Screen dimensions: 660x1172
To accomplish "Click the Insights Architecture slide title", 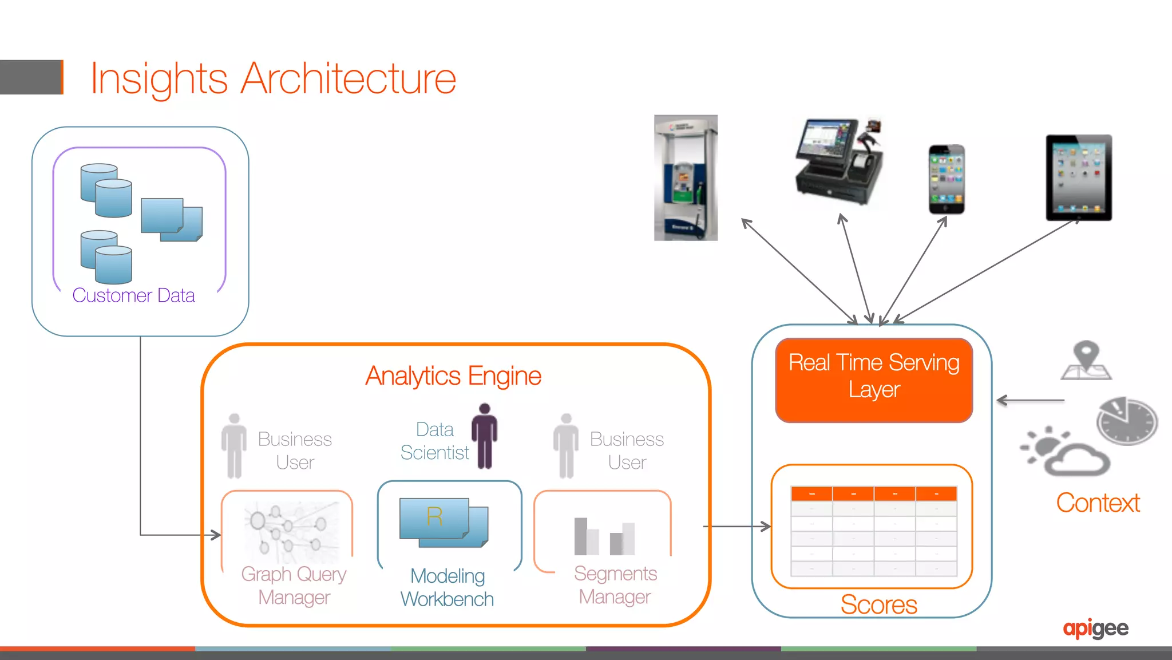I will coord(273,78).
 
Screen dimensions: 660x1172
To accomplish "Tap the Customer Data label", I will coord(133,295).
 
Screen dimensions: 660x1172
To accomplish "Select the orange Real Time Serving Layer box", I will coord(873,380).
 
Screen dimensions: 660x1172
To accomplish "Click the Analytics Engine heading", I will coord(453,376).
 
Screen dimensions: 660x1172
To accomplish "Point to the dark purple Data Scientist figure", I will coord(484,436).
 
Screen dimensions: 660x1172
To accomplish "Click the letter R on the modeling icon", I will coord(434,517).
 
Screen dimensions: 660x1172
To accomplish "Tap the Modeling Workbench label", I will coord(447,587).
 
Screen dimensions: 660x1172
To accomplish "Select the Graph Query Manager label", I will coord(294,585).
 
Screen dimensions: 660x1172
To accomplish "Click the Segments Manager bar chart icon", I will coord(604,536).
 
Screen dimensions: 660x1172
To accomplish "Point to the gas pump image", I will coord(686,178).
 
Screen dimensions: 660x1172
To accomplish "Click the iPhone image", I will coord(946,179).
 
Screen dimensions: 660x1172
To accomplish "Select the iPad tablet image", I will coord(1079,177).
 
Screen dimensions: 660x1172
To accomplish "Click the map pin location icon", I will coord(1086,361).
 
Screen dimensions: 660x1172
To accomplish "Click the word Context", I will coord(1098,503).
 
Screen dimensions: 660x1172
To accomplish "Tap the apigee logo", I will coord(1095,629).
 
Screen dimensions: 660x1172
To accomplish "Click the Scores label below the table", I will coord(878,604).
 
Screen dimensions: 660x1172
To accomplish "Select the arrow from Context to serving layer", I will coord(1030,400).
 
